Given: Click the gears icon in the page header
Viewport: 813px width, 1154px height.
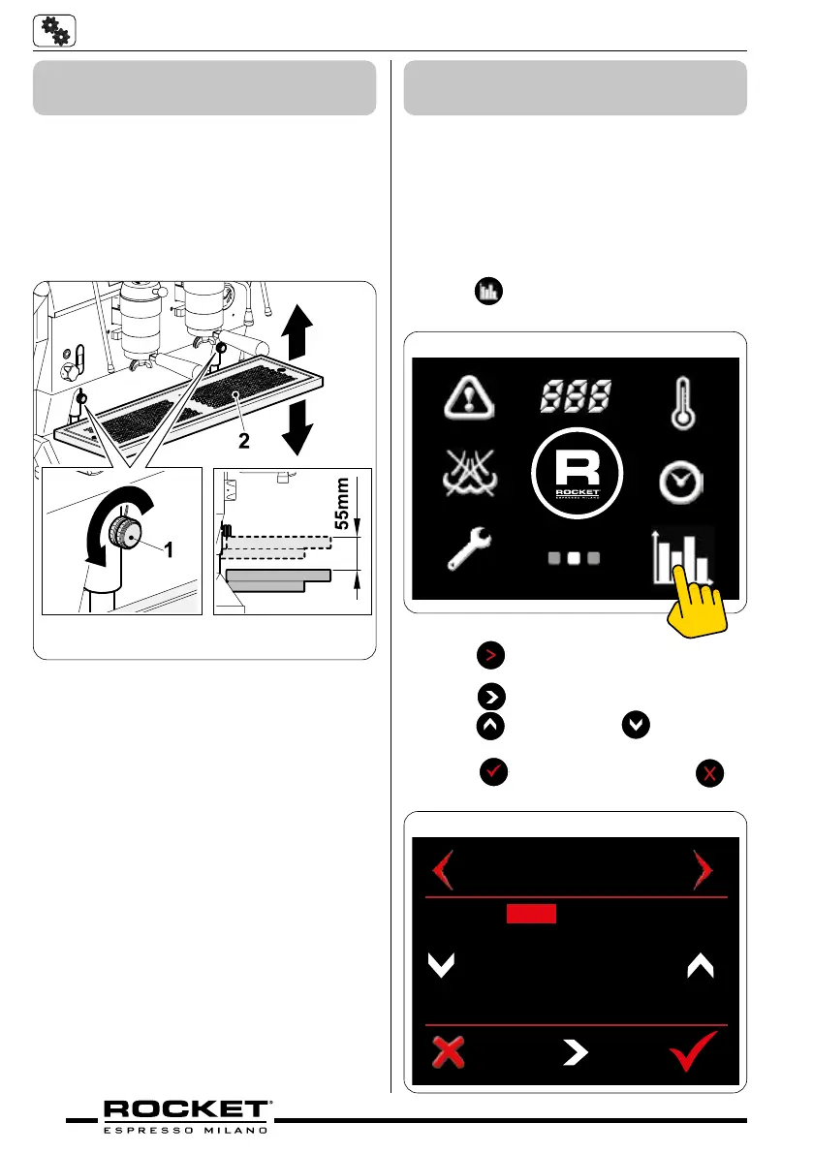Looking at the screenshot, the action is tap(54, 31).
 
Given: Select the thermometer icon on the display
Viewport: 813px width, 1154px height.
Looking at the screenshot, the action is tap(687, 402).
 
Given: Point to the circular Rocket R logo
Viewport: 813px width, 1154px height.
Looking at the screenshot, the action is tap(577, 476).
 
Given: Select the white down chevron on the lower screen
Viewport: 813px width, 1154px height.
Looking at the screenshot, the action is tap(441, 965).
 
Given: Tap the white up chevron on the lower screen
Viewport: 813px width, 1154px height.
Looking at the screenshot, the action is tap(700, 965).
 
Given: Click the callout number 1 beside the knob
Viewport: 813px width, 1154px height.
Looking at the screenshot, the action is tap(168, 549).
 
